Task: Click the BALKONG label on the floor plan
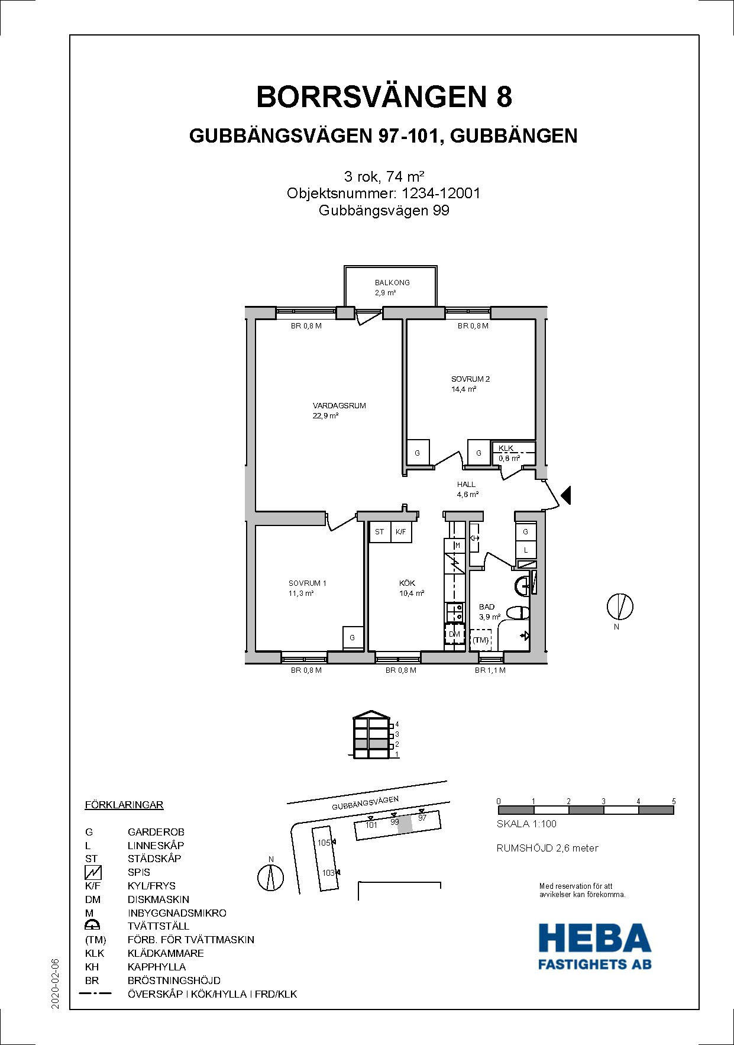click(392, 283)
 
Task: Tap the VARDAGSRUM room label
click(339, 406)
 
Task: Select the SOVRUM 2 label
click(470, 379)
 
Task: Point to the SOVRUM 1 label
click(308, 583)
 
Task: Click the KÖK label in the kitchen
click(407, 583)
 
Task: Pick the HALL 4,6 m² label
click(467, 489)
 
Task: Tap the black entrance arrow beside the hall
click(566, 495)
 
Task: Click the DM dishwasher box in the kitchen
click(454, 634)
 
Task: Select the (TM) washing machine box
click(481, 640)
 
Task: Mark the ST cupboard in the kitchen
click(379, 532)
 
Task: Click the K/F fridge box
click(401, 532)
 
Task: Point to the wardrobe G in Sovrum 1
click(353, 637)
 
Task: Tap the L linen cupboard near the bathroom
click(526, 550)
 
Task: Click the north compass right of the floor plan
click(620, 607)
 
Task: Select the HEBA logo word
click(594, 938)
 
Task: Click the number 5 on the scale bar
click(674, 801)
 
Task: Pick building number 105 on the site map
click(324, 843)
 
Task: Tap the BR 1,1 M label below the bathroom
click(490, 670)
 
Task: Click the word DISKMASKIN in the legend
click(159, 899)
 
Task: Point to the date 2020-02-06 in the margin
click(55, 983)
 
